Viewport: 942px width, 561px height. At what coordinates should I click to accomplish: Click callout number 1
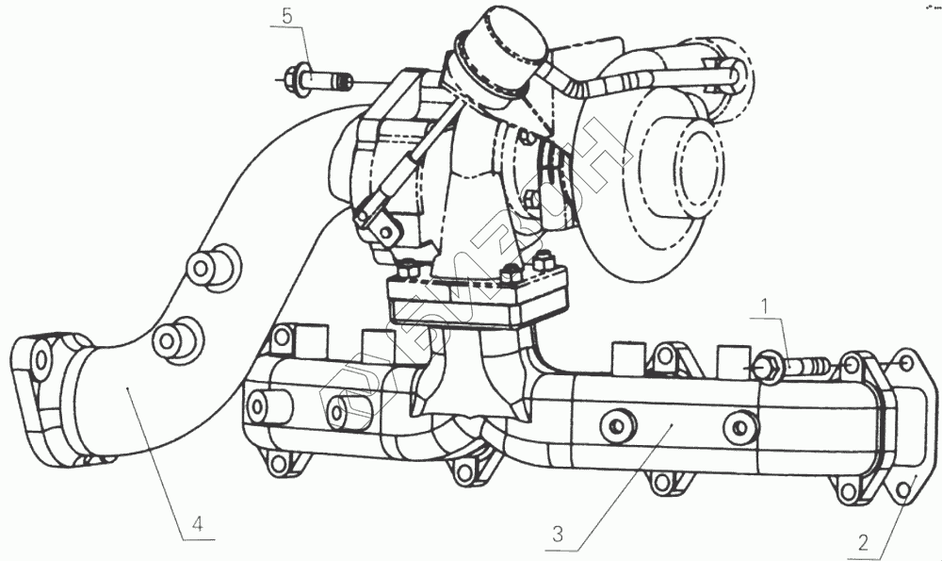coord(766,305)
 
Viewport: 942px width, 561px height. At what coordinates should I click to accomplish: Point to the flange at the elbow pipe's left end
coord(47,396)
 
